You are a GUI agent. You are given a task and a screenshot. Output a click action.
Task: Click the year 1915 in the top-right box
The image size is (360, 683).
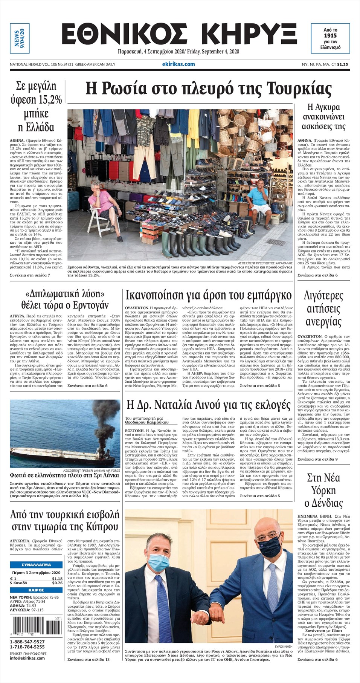coord(330,35)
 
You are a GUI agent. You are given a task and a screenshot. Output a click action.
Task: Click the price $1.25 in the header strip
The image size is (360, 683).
coord(343,64)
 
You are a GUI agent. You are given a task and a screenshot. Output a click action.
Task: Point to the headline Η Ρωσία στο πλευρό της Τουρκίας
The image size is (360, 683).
coord(208,89)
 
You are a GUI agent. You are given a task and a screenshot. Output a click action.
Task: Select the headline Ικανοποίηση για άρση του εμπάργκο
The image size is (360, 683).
coord(208,294)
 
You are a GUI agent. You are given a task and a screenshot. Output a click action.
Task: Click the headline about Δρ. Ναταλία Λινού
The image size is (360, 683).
coord(208,405)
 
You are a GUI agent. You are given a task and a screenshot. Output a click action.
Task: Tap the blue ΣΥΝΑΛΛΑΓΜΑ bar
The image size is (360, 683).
coord(36,565)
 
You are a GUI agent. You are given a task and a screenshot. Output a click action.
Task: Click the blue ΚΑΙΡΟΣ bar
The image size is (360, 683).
coord(36,590)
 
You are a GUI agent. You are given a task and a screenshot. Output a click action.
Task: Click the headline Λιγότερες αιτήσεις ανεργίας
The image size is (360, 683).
coord(323,309)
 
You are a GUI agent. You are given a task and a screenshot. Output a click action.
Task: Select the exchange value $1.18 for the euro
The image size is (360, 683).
coord(57,579)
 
